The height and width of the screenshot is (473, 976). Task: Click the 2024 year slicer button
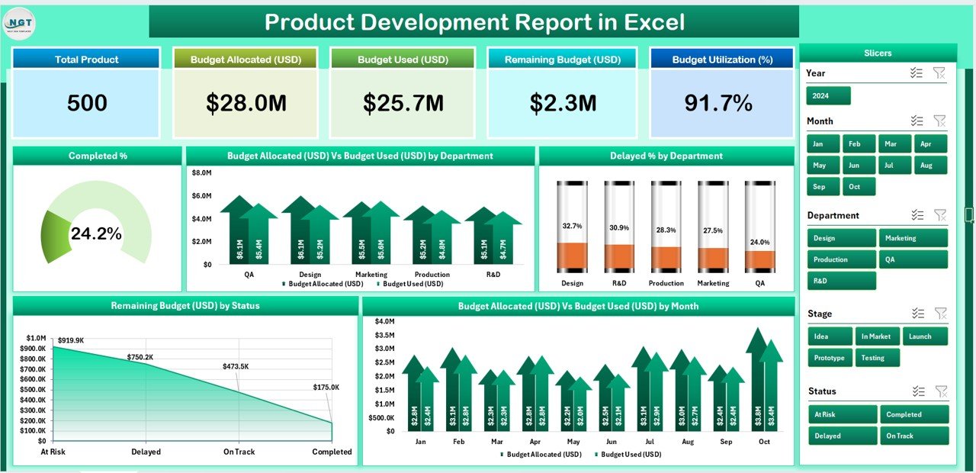tap(828, 96)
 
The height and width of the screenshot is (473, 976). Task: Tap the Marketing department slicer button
tap(913, 238)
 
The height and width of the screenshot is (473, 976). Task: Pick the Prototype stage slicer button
tap(830, 358)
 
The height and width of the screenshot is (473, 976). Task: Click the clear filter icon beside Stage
tap(941, 314)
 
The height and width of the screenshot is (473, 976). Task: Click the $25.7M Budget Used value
tap(403, 104)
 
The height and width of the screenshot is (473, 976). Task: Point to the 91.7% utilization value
tap(718, 104)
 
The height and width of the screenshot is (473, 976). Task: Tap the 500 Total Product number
tap(87, 104)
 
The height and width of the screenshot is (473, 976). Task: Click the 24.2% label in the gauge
tap(96, 234)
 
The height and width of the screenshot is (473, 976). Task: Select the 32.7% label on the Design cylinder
tap(572, 227)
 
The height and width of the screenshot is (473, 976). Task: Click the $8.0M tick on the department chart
tap(201, 173)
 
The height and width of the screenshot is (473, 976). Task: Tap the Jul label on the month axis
tap(650, 442)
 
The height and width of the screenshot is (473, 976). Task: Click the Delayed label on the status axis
tap(146, 452)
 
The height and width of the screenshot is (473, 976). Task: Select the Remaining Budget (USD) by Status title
tap(185, 306)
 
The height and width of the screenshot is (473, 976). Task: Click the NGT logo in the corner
tap(19, 22)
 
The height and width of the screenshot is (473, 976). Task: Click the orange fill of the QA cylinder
tap(759, 260)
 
